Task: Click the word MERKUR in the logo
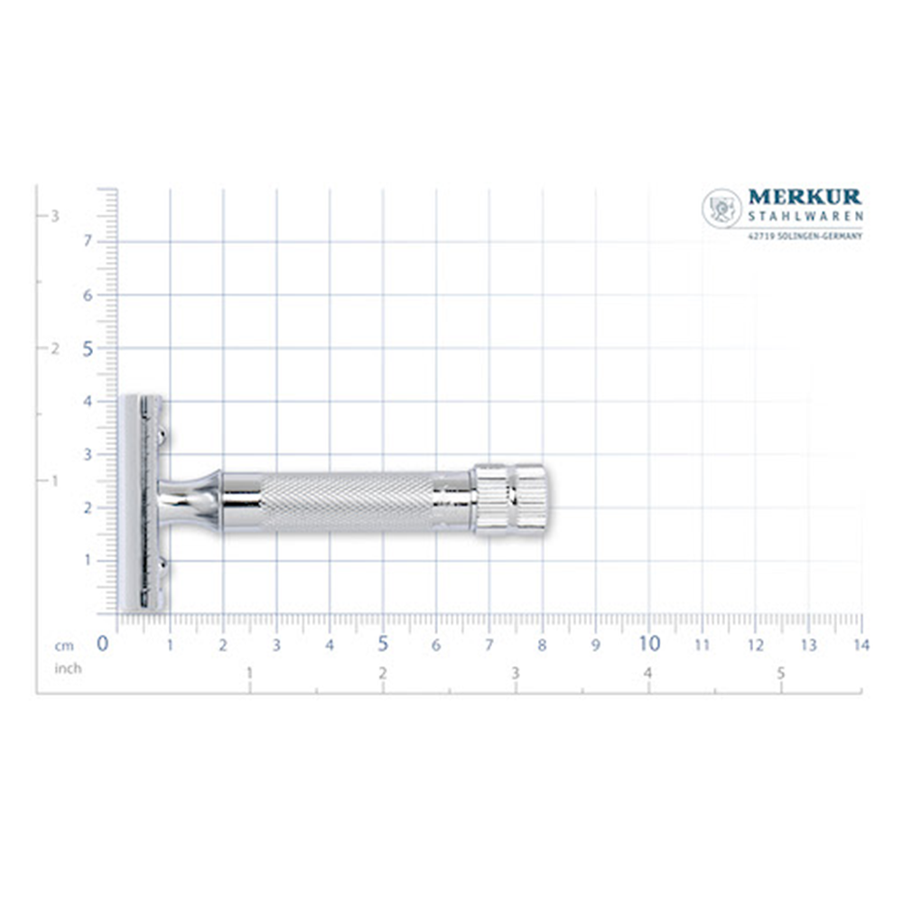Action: (x=805, y=198)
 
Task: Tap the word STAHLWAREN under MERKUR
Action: (x=805, y=217)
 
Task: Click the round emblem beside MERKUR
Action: (x=721, y=209)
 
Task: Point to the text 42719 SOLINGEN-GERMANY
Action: (x=805, y=237)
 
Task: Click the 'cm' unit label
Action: (x=63, y=646)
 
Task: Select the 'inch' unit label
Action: (x=68, y=668)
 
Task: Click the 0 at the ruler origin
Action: (x=103, y=644)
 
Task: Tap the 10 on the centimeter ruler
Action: (x=649, y=644)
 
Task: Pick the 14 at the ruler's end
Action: (x=861, y=645)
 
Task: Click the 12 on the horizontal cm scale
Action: (x=756, y=645)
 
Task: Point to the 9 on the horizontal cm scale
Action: (x=595, y=645)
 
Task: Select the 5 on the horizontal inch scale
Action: (x=781, y=674)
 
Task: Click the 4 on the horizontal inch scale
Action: (x=647, y=674)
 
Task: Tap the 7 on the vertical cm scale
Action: (x=88, y=241)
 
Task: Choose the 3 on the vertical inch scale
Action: (x=55, y=216)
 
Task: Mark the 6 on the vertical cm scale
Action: (x=88, y=295)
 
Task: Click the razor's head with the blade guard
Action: (x=142, y=503)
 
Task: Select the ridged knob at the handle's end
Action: (x=510, y=499)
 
